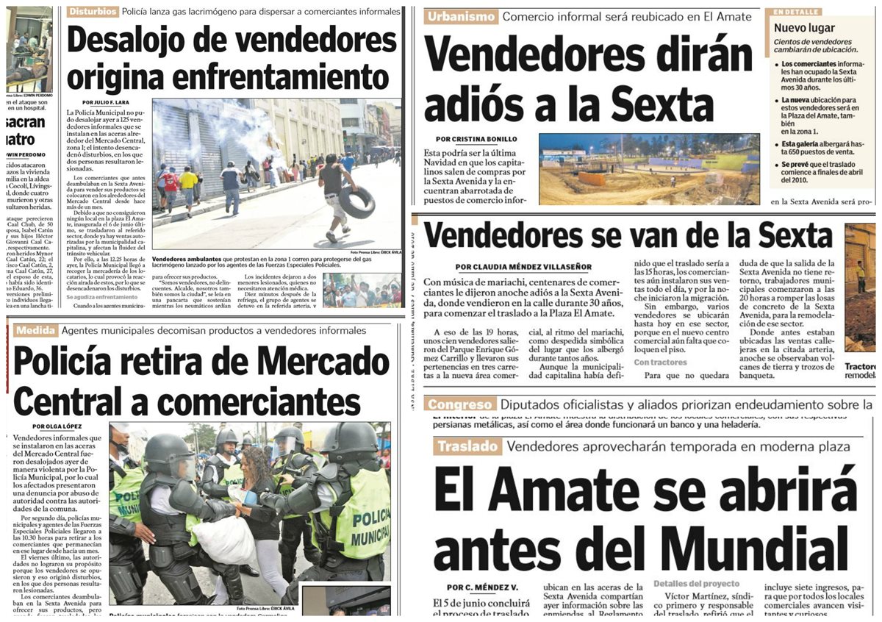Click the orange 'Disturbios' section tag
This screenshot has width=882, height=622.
point(93,12)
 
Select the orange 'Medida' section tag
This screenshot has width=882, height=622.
point(35,331)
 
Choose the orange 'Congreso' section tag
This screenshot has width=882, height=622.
point(459,404)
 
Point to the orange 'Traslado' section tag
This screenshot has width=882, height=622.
point(467,446)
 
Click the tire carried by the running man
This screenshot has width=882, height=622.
point(356,201)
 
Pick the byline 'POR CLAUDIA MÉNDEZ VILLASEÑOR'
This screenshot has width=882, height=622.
point(523,267)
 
